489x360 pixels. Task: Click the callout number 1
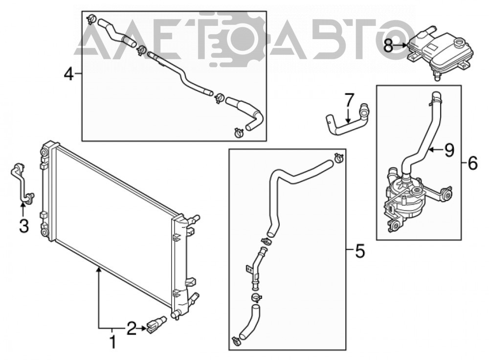point(113,342)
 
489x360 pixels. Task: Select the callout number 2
point(131,329)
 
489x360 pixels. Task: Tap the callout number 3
point(24,225)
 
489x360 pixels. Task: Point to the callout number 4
point(68,74)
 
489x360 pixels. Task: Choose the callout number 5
point(360,251)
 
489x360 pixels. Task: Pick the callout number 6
point(472,163)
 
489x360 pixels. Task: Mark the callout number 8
point(388,45)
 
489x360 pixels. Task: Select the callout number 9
point(449,150)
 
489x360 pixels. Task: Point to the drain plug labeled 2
point(156,324)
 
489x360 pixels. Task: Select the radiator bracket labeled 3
point(22,184)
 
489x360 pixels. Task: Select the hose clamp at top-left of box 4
point(91,19)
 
